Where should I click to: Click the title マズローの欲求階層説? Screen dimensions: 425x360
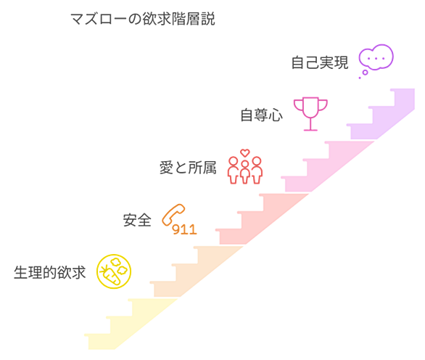(143, 19)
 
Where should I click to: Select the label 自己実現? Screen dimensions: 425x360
(320, 62)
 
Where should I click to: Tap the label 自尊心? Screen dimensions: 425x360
(262, 115)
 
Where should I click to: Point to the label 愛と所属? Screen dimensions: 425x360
(188, 168)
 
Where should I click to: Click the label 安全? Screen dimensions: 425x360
(137, 220)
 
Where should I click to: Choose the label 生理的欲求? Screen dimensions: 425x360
(50, 272)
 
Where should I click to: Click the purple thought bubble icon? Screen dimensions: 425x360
(376, 57)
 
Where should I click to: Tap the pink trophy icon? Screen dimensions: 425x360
(310, 114)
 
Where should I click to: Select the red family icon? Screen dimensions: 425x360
(245, 166)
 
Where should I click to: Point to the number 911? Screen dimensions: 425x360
(184, 229)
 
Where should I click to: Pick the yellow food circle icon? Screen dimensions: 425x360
(114, 271)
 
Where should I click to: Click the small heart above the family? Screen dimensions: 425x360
(245, 152)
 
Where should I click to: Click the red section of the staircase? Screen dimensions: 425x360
(257, 219)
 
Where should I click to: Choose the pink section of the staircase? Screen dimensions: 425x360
(323, 166)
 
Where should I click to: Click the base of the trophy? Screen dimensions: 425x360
(310, 130)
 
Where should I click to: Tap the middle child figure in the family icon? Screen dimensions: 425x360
(245, 172)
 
